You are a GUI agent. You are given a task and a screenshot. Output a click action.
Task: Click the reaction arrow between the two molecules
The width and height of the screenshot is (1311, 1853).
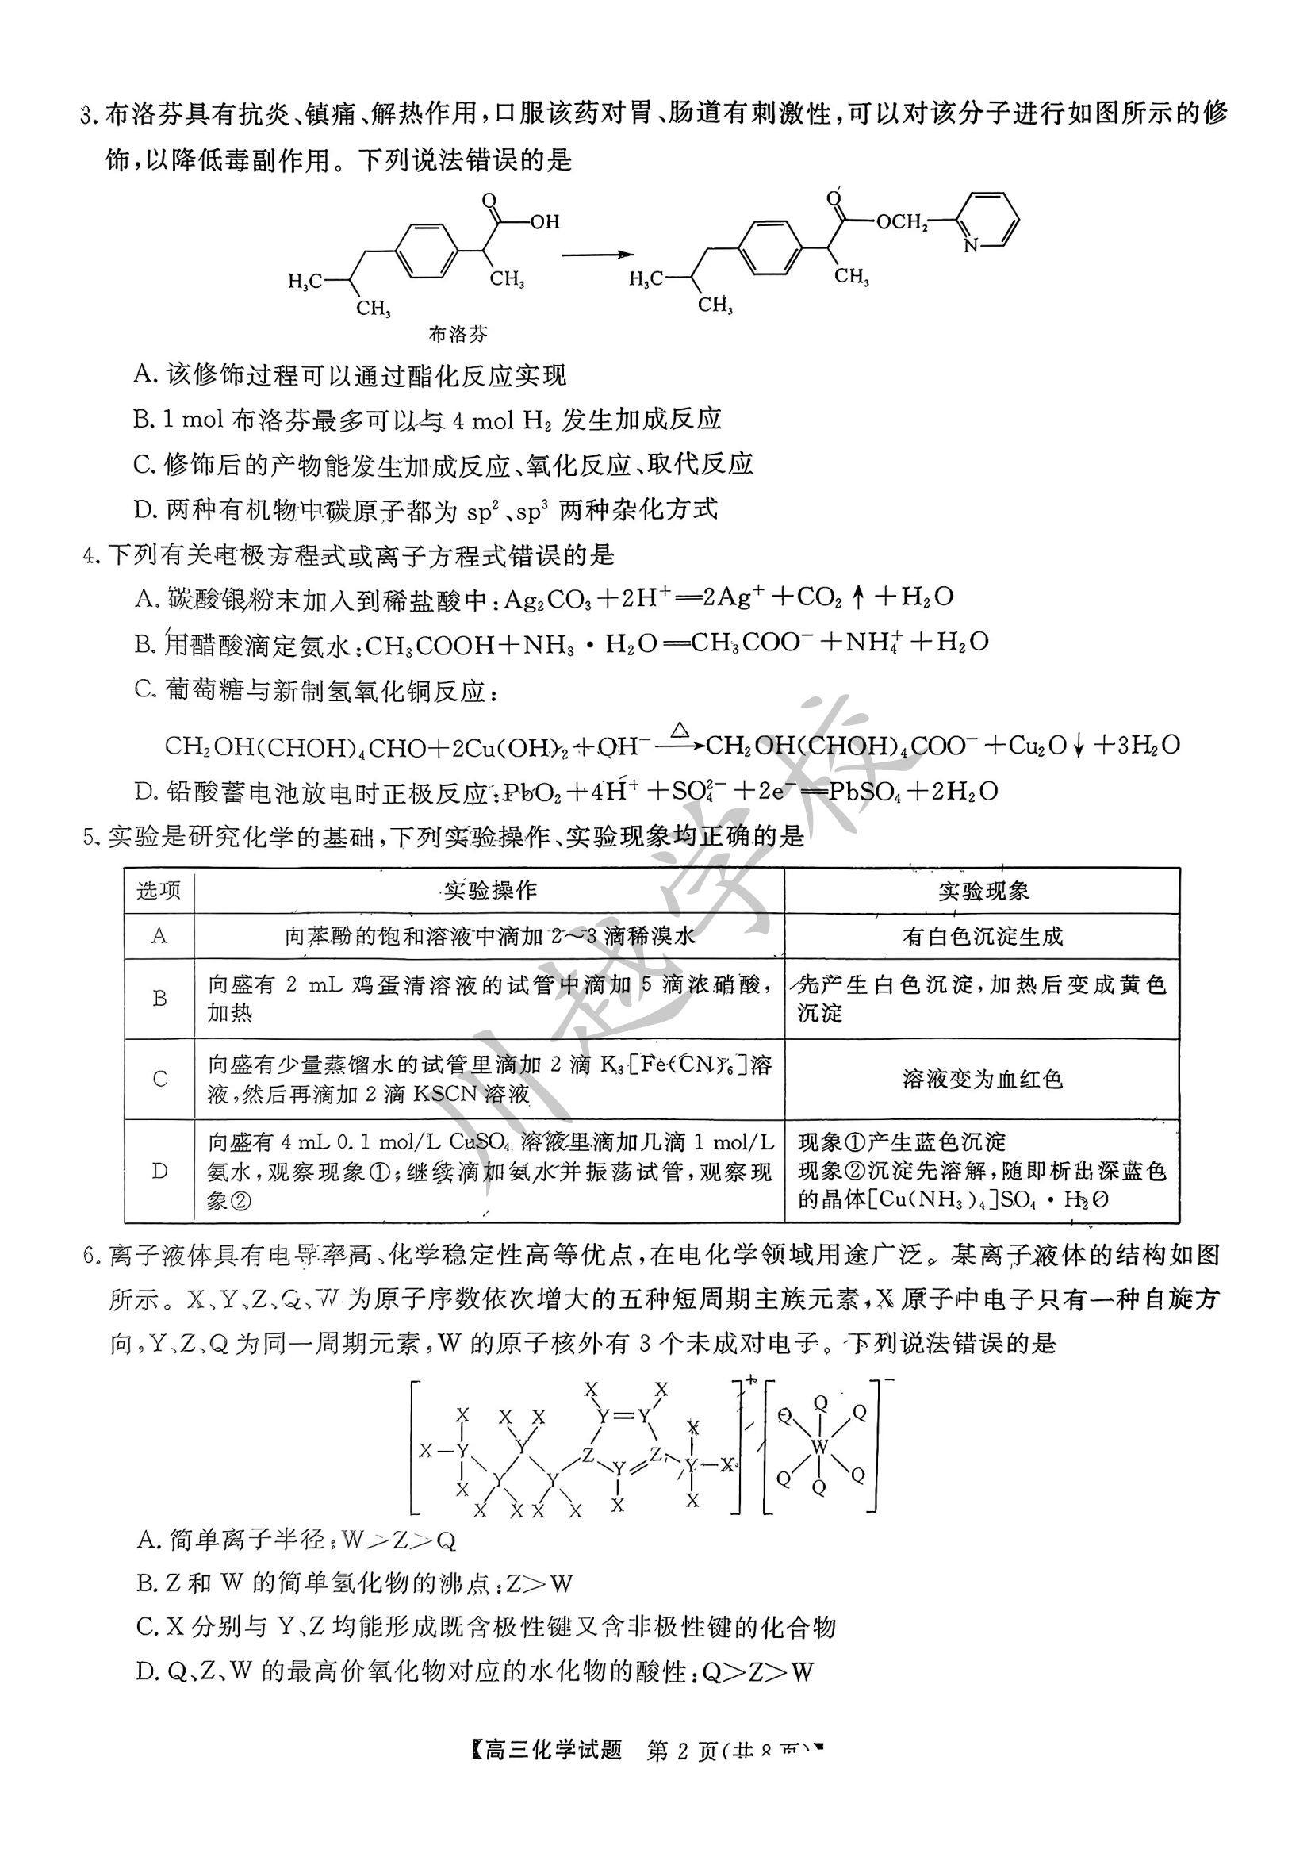(x=597, y=255)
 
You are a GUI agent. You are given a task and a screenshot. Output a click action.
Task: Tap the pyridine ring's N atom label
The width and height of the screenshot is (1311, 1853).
(x=970, y=245)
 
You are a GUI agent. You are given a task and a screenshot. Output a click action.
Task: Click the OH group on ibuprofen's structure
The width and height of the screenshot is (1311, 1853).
(x=545, y=221)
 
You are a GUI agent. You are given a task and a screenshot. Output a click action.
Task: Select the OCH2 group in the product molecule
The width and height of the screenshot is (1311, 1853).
(x=902, y=221)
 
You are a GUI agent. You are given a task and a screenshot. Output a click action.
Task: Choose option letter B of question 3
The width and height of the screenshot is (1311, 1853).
(x=143, y=420)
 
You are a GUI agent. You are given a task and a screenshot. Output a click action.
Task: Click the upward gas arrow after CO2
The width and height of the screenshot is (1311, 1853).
(x=858, y=598)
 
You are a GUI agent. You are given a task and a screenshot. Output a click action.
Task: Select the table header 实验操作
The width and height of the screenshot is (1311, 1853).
(x=490, y=891)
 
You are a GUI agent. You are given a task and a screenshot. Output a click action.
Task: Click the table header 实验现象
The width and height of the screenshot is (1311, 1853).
(x=983, y=891)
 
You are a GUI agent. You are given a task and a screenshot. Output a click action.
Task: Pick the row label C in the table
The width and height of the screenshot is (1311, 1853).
(x=160, y=1079)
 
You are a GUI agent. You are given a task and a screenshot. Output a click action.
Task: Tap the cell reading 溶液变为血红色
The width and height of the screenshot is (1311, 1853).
(x=983, y=1079)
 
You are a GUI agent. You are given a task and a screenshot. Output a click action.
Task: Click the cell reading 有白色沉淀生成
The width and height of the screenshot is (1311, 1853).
(x=983, y=937)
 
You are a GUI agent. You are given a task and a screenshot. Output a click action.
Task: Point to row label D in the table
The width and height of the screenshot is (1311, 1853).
(x=160, y=1171)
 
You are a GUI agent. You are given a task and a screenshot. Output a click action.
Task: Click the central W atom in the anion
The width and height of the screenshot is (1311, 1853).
(x=820, y=1446)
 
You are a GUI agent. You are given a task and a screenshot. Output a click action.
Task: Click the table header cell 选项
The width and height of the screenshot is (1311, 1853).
(x=159, y=891)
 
